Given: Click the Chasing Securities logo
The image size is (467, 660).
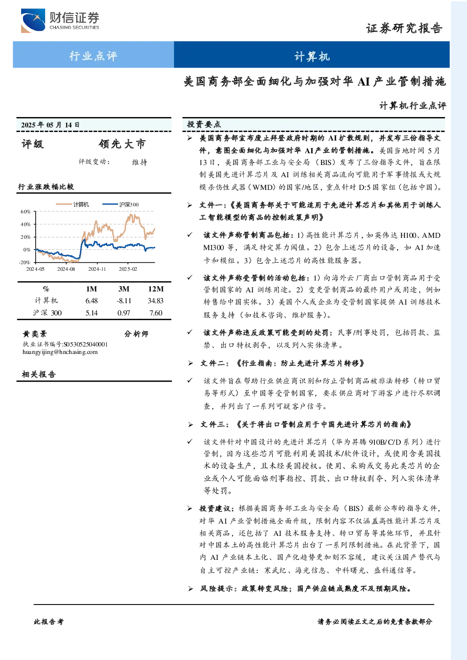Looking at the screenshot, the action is click(60, 20).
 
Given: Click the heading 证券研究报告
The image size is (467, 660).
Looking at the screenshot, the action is click(404, 28).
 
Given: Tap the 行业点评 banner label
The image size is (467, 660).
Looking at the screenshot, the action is click(93, 55).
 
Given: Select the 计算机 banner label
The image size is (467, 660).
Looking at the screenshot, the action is click(312, 56).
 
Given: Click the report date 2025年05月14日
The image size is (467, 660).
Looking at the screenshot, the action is click(50, 125).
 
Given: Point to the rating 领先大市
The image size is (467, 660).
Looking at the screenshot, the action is click(122, 144).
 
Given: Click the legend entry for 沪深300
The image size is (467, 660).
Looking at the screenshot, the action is click(120, 204).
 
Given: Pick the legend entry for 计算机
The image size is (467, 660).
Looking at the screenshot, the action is click(72, 204).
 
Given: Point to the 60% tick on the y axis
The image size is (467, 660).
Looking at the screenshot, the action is click(25, 212).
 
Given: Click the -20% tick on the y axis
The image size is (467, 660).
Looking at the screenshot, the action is click(25, 262).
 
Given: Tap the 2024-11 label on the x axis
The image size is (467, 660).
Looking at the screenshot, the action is click(97, 269).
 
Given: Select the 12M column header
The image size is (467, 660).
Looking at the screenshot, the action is click(156, 289).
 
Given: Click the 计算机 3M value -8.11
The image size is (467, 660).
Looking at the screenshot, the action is click(124, 301).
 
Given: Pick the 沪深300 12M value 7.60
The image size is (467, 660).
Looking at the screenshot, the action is click(156, 313).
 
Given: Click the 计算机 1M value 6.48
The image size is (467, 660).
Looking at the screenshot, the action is click(91, 301).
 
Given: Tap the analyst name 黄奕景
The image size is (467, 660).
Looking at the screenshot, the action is click(35, 334).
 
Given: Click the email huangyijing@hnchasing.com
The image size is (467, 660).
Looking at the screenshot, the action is click(60, 352).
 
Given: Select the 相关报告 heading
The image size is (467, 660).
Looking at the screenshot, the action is click(39, 375).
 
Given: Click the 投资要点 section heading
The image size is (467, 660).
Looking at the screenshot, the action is click(204, 125).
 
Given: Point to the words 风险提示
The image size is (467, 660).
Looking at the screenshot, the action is click(216, 589).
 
